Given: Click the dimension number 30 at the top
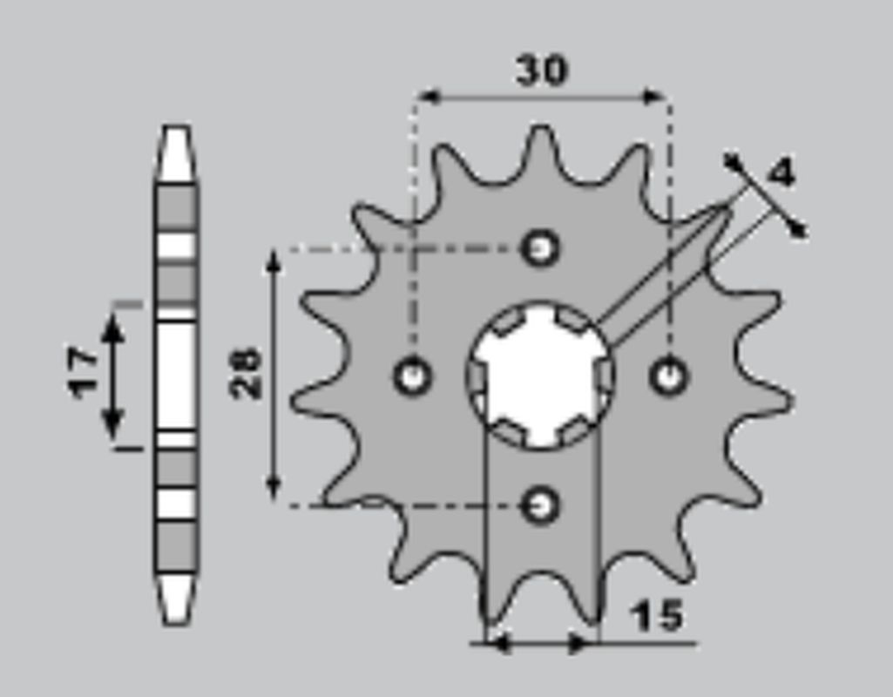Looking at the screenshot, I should (x=541, y=71).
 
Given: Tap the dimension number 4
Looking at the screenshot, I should (x=781, y=173).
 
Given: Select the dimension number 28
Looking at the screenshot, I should (x=247, y=373).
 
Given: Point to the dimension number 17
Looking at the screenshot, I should (x=85, y=372).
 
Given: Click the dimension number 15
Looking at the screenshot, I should (x=657, y=616).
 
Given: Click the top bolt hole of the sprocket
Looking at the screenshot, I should (x=541, y=248).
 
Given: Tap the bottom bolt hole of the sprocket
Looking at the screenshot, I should (x=541, y=504).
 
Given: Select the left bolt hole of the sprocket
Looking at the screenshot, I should (x=412, y=376).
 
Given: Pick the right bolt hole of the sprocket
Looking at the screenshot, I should (x=669, y=376).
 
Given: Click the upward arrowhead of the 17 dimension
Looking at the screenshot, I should (x=112, y=327).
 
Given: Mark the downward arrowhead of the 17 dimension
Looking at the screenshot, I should (x=112, y=427).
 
